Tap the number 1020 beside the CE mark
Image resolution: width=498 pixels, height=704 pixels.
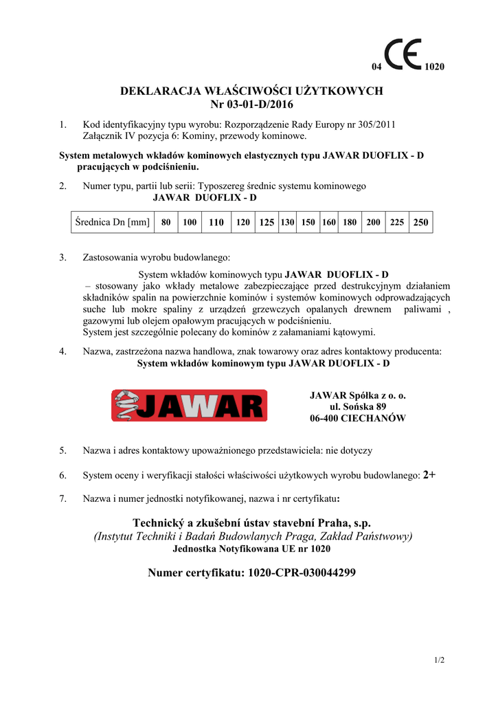[435, 67]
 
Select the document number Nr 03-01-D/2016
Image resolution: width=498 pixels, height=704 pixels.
[251, 104]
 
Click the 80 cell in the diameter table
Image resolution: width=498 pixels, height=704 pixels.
[166, 222]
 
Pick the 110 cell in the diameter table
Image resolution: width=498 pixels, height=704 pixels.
[216, 222]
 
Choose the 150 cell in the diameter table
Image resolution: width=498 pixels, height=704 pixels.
[308, 222]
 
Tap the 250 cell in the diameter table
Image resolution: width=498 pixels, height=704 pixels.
[420, 222]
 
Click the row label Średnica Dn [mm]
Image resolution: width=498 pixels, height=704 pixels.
[113, 222]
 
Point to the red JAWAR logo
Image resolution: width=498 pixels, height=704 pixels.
[189, 406]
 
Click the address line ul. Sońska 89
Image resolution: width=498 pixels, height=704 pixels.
[357, 406]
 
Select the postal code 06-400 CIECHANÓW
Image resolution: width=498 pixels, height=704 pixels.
[357, 418]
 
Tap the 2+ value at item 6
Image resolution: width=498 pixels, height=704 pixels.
[429, 474]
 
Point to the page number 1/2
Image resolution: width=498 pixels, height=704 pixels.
[440, 661]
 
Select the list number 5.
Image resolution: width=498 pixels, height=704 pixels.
[63, 450]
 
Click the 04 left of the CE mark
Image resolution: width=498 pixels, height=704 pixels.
[376, 67]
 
